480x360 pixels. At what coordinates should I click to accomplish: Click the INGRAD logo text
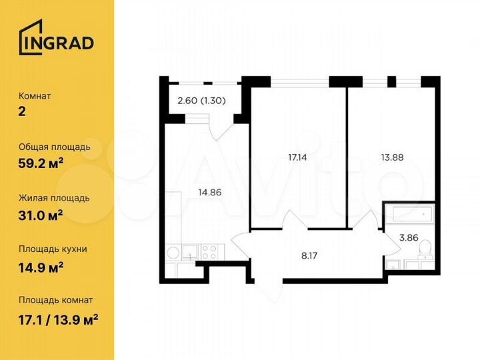click(x=63, y=42)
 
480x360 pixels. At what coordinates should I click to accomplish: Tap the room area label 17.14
click(x=298, y=158)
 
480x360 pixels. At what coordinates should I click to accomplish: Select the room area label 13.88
click(x=392, y=158)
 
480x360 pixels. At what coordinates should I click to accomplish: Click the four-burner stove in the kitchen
click(x=209, y=253)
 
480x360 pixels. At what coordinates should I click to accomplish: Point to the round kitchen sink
click(x=173, y=253)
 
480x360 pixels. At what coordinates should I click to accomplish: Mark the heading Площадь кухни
click(x=53, y=249)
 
